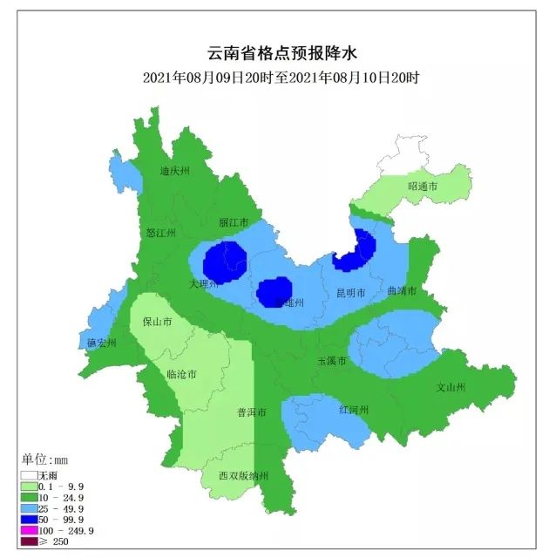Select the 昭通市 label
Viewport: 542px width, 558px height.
coord(423,187)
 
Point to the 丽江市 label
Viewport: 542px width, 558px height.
coord(234,222)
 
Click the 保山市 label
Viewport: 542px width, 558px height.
coord(157,321)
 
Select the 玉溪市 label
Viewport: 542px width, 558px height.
coord(331,360)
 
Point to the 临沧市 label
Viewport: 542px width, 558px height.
coord(181,374)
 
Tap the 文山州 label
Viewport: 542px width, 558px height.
coord(451,386)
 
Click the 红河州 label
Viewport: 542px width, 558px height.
coord(355,409)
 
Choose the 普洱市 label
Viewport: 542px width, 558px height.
coord(252,412)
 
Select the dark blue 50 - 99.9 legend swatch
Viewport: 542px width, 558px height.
coord(30,519)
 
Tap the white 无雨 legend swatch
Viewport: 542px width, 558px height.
coord(30,474)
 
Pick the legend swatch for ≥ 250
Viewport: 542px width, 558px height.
coord(30,541)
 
